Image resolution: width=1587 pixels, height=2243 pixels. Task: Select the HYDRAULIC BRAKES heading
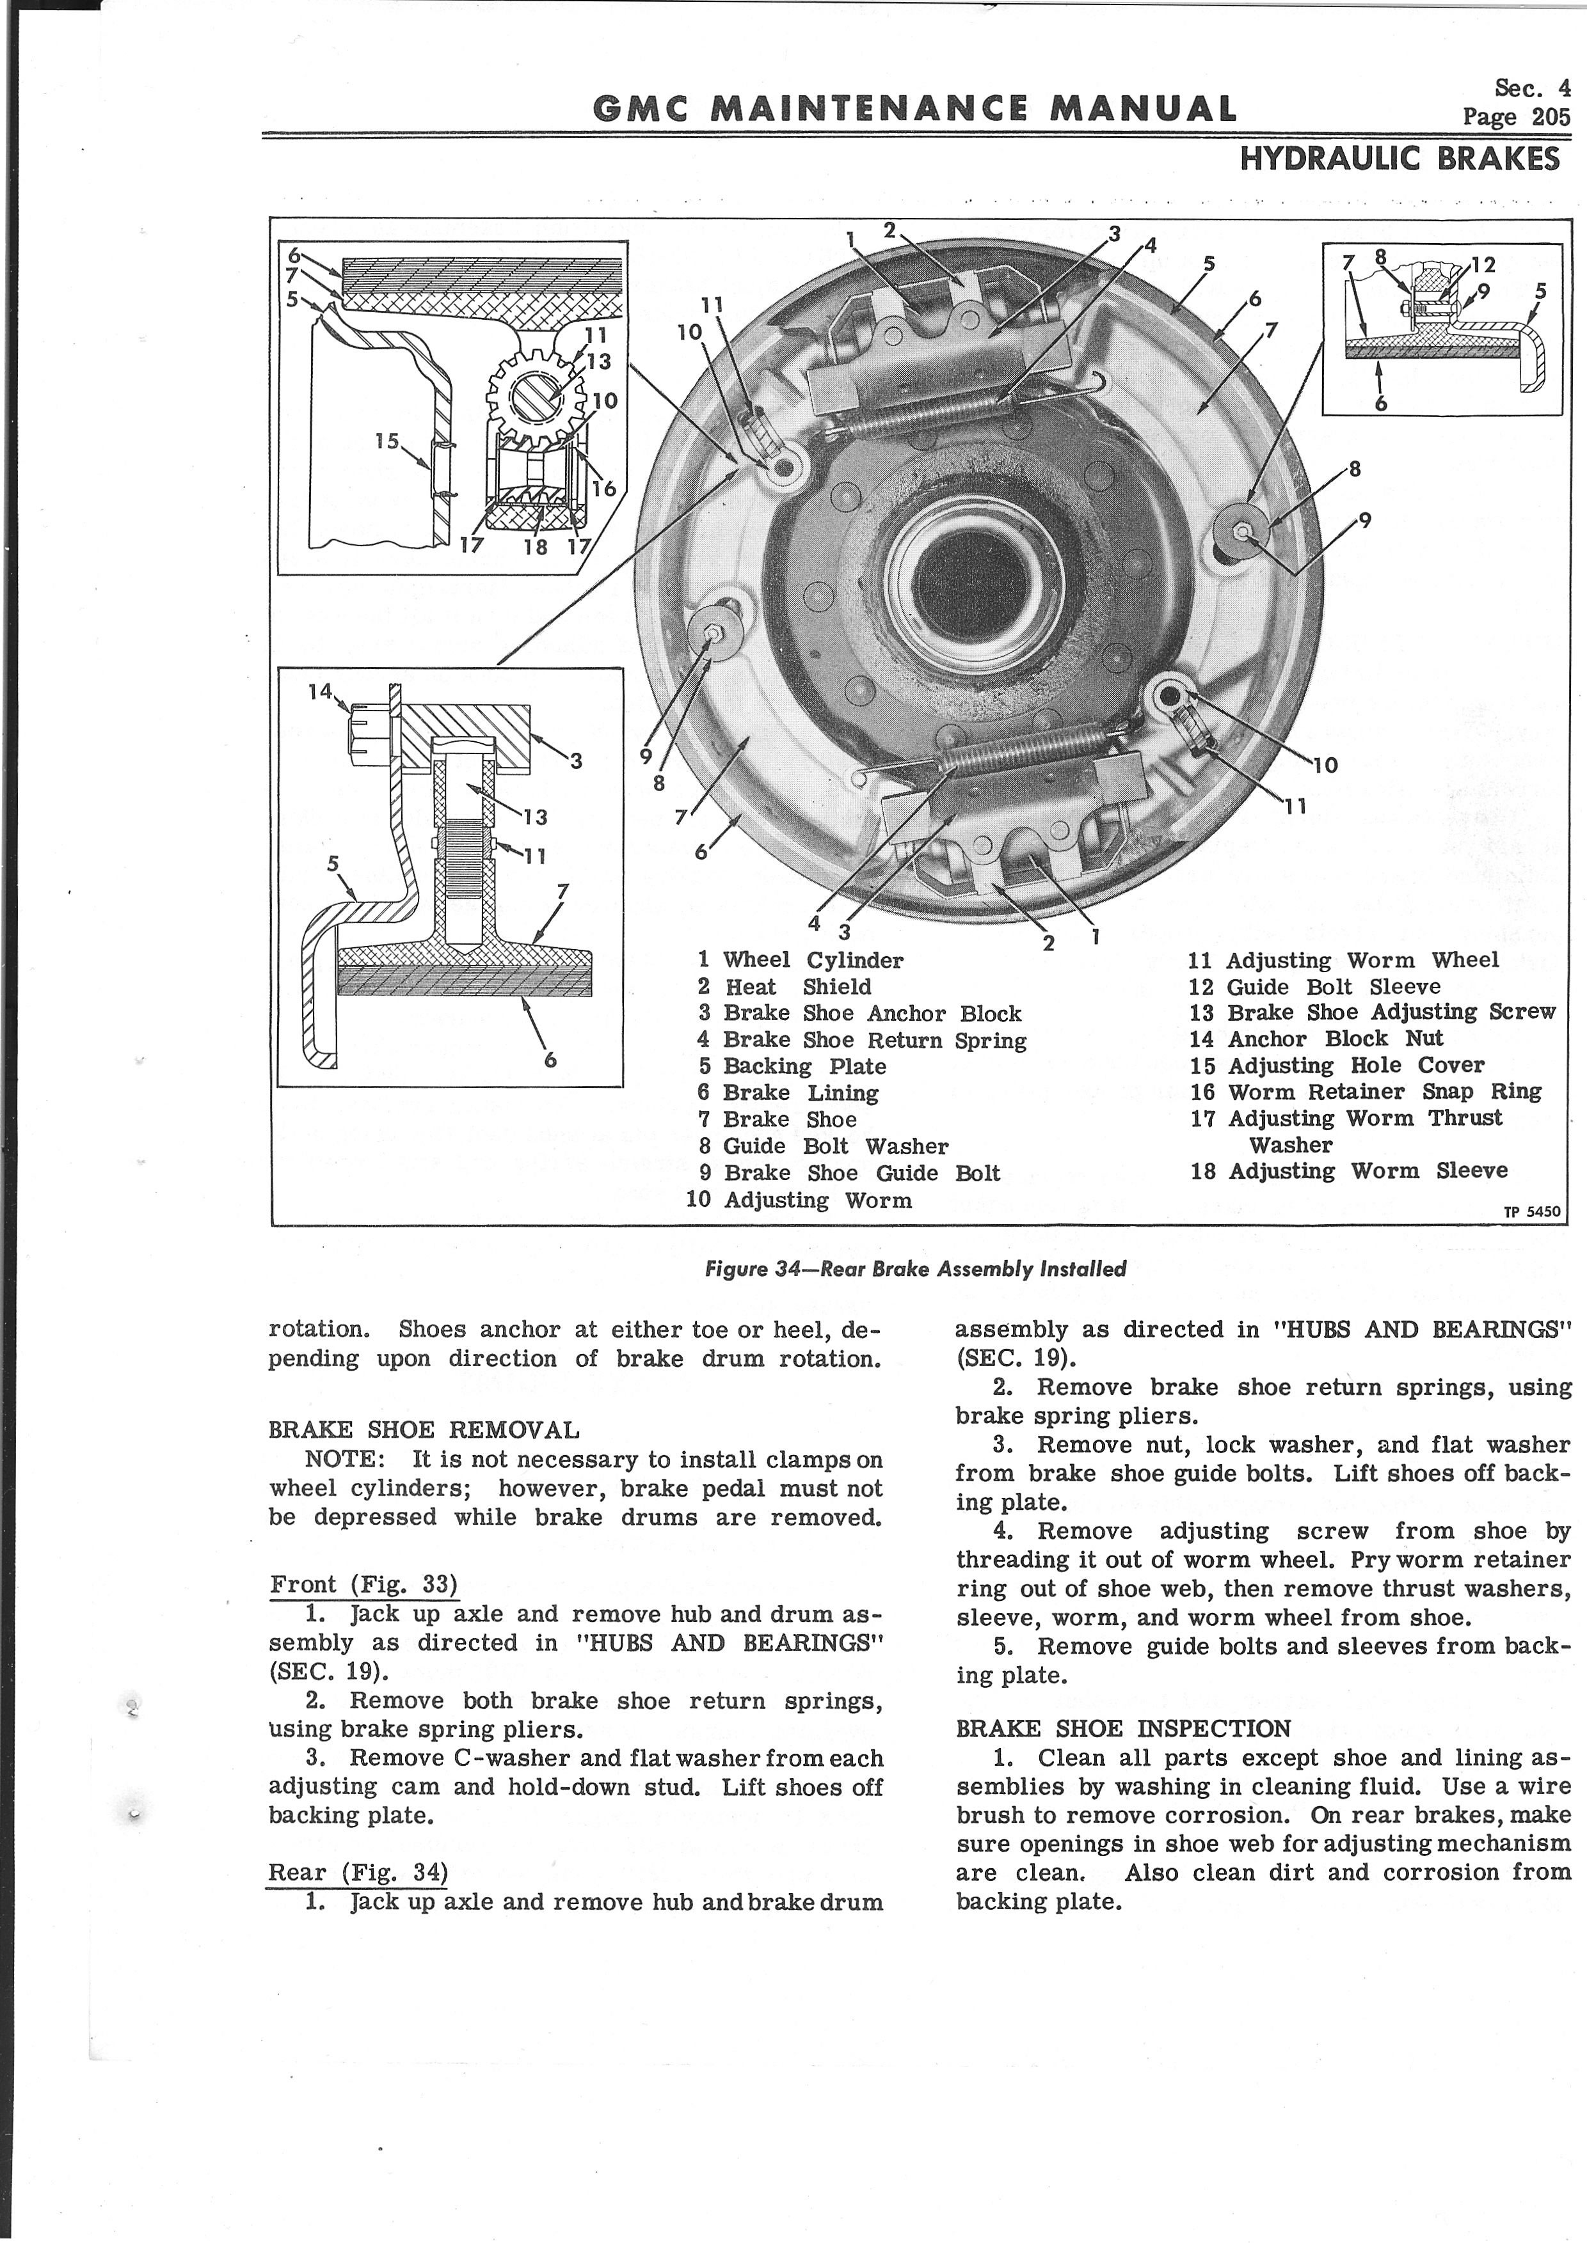click(1400, 158)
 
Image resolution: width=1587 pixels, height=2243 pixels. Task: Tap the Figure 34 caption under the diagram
click(916, 1269)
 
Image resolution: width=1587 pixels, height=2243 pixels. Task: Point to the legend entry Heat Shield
click(785, 987)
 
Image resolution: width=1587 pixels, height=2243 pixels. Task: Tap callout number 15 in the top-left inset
click(388, 441)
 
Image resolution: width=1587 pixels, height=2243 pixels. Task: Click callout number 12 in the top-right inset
click(1483, 264)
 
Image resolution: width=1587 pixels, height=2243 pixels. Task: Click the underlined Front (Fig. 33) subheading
click(363, 1584)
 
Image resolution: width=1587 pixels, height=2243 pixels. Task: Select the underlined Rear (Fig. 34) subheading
click(358, 1872)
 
